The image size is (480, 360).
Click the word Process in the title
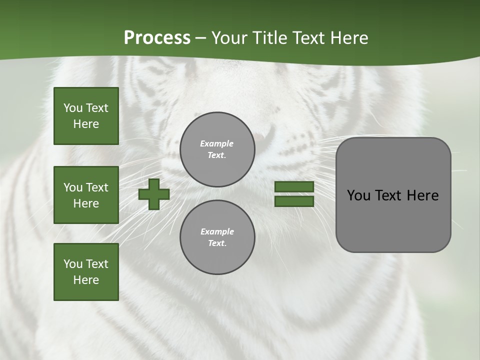157,38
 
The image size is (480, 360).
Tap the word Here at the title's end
348,38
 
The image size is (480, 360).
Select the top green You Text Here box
86,116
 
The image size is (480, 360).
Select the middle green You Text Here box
86,195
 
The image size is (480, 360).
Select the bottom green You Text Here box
86,272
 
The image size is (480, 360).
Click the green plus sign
154,194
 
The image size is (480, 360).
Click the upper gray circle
217,149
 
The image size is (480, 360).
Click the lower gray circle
217,237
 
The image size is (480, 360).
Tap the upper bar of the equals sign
294,187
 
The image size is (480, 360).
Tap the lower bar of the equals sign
294,201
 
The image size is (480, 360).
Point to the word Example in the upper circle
217,143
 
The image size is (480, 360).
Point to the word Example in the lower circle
217,231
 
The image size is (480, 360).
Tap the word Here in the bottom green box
86,280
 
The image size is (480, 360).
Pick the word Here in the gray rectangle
422,195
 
